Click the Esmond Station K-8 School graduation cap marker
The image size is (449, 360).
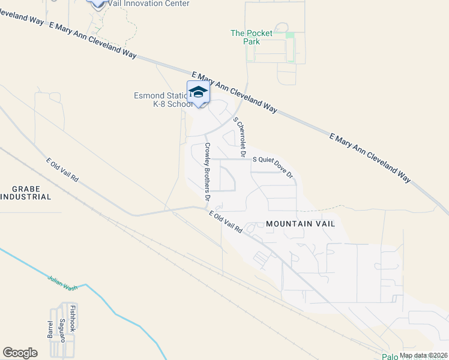tap(198, 92)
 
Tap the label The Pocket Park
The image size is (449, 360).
tap(252, 37)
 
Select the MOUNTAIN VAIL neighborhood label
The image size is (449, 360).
tap(300, 223)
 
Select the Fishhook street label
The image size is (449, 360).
tap(73, 319)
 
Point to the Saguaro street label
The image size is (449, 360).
tap(62, 331)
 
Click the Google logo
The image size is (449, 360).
tap(20, 353)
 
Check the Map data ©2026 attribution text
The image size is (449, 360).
tap(423, 355)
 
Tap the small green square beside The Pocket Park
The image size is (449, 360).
tap(290, 35)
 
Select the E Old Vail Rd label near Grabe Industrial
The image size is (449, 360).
tap(62, 170)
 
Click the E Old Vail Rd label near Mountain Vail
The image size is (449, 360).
tap(225, 221)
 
